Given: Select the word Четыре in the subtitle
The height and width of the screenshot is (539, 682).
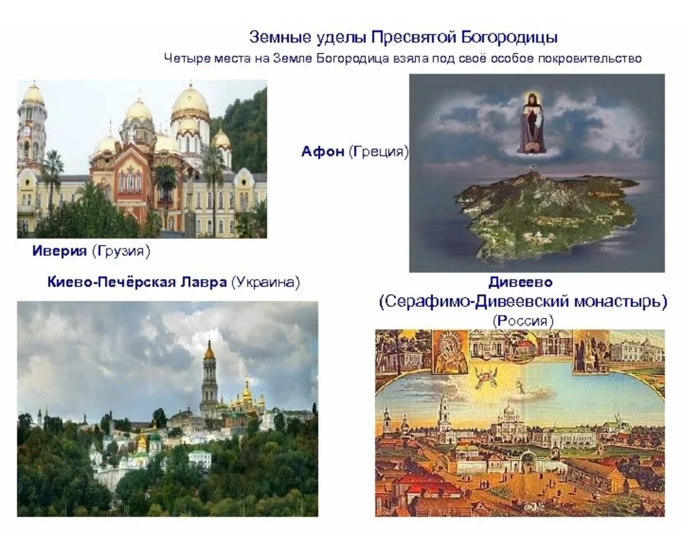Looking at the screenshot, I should pos(182,59).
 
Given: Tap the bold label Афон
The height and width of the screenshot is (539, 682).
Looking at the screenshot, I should pos(323,151).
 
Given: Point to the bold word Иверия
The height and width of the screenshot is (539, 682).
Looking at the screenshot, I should pos(60,251).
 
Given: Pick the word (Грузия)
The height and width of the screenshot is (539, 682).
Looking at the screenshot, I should pos(121,251).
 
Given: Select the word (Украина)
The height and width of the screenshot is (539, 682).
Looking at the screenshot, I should pos(265,282).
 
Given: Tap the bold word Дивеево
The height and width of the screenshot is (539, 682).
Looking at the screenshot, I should pos(520,282).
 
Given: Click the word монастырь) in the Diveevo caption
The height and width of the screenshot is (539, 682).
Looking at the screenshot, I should pos(620,302).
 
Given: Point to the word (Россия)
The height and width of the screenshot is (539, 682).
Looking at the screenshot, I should pos(523,321).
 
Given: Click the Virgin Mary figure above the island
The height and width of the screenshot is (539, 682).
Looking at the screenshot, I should pos(532,123).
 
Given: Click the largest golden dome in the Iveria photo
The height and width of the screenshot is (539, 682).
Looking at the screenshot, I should pos(190,101).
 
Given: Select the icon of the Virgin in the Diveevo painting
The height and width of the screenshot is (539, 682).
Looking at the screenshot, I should pos(450,352).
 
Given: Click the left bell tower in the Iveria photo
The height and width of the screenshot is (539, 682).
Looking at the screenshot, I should pos(32,126).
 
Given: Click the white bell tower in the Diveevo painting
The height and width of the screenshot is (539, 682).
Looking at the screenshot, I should pos(444,413).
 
